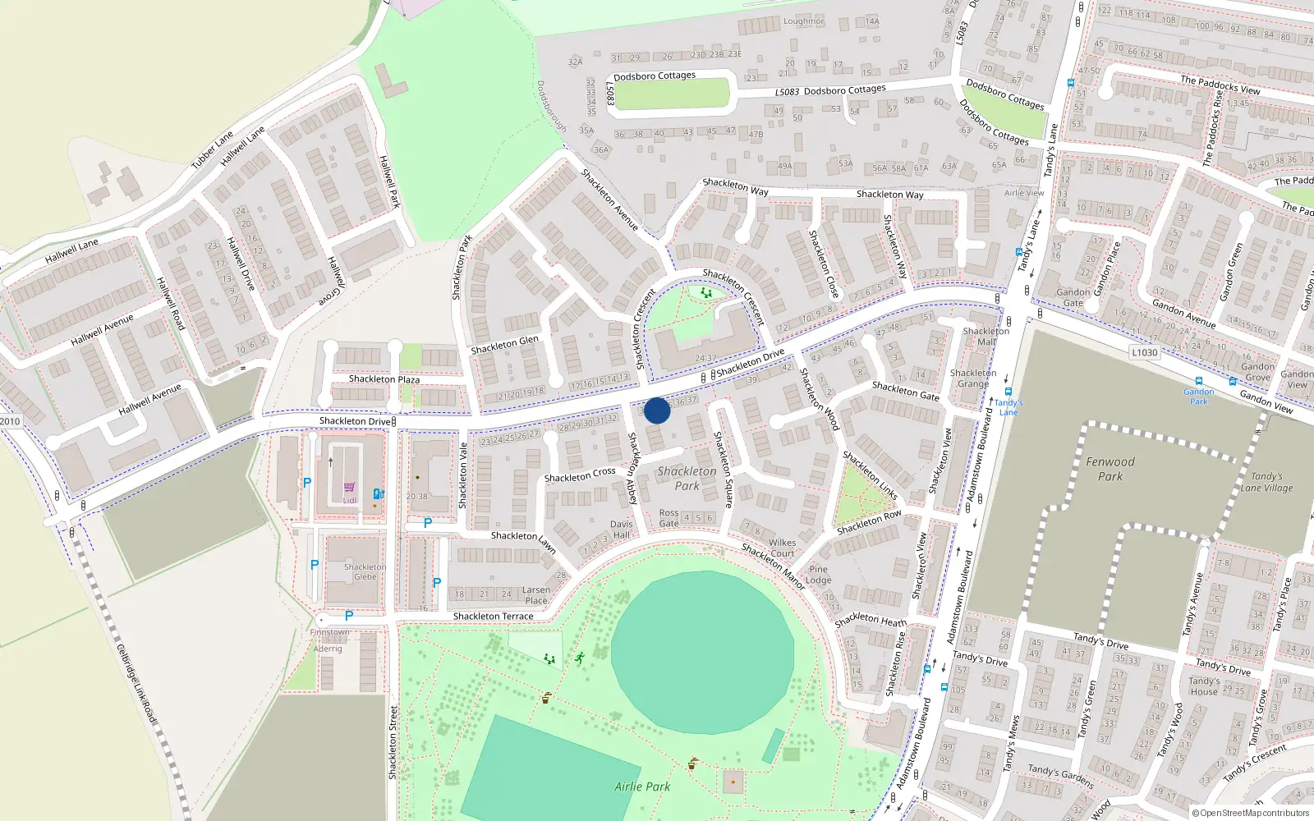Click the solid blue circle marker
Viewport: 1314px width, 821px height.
(x=657, y=410)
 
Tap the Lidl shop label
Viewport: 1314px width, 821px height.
(x=350, y=500)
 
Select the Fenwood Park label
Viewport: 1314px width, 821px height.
(x=1110, y=469)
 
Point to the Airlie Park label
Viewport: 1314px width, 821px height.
(x=642, y=787)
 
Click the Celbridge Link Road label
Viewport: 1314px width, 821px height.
(x=136, y=683)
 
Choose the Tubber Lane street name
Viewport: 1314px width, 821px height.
(x=212, y=149)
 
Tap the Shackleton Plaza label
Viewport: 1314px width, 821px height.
(x=384, y=379)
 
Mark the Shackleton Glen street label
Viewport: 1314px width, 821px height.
(x=504, y=345)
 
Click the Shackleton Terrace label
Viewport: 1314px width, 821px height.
(x=493, y=616)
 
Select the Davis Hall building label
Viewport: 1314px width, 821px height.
(x=621, y=530)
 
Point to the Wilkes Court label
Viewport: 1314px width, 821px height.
(x=782, y=548)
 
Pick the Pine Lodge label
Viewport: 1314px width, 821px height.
(x=818, y=574)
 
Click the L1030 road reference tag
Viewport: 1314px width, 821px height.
(x=1144, y=352)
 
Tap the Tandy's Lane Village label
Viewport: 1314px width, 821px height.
(x=1266, y=482)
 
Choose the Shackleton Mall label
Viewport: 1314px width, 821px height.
(x=985, y=337)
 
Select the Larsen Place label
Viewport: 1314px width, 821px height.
(x=536, y=595)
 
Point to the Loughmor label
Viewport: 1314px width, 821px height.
(x=802, y=21)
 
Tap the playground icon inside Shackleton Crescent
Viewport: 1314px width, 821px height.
(x=705, y=292)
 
